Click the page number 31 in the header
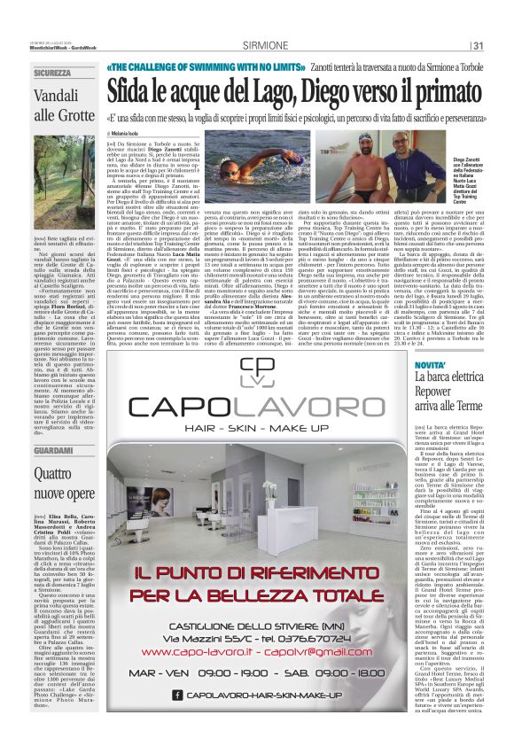pos(478,46)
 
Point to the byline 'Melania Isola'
pos(133,133)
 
